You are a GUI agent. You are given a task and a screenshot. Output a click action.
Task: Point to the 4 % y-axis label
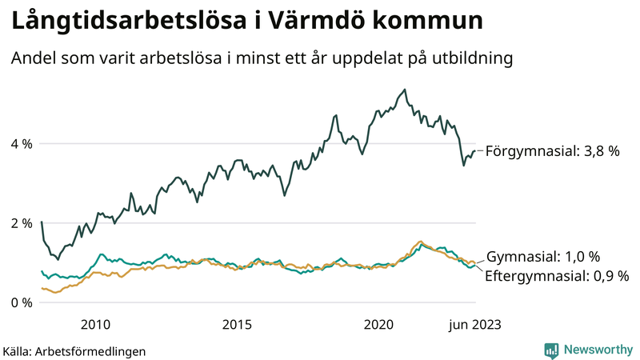22,144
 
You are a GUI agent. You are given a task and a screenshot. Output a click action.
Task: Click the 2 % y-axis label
22,223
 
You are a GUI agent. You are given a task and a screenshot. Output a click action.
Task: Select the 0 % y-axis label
22,302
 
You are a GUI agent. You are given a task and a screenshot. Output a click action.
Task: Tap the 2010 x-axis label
95,324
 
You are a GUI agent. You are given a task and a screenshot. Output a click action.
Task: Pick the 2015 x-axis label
237,324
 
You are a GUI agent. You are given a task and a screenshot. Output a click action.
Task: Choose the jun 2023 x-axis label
474,324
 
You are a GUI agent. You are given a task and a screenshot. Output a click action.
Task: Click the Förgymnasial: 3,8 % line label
553,150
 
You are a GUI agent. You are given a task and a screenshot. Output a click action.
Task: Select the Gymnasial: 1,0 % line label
542,257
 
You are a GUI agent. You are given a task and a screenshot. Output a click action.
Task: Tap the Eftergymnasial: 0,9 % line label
557,275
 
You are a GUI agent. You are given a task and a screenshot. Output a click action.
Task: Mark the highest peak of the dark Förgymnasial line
405,90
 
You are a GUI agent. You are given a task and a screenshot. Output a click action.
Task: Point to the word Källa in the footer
18,350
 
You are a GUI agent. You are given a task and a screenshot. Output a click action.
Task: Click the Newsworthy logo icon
551,350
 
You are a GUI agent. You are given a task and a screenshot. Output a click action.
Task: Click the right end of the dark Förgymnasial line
475,150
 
